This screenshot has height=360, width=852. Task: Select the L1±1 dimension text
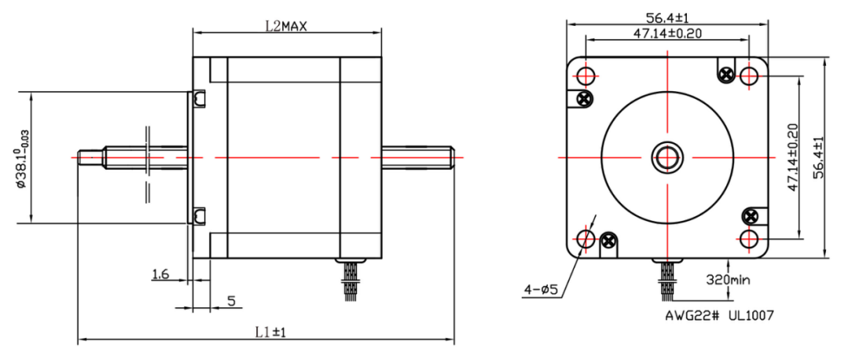click(x=270, y=332)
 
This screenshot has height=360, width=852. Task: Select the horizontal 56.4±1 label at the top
click(x=667, y=17)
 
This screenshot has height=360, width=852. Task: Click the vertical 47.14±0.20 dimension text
click(x=792, y=158)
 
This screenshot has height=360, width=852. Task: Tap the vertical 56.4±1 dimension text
click(x=817, y=158)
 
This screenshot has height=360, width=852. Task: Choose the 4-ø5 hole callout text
click(x=540, y=290)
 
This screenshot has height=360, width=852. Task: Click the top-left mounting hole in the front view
click(x=586, y=76)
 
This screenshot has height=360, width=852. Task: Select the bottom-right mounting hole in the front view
click(x=749, y=238)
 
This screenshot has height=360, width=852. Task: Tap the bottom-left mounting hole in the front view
click(x=586, y=238)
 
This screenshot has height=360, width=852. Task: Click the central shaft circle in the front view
click(x=667, y=157)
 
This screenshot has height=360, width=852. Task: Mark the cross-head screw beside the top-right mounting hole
click(x=725, y=75)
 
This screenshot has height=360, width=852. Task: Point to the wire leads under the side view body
click(x=351, y=279)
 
